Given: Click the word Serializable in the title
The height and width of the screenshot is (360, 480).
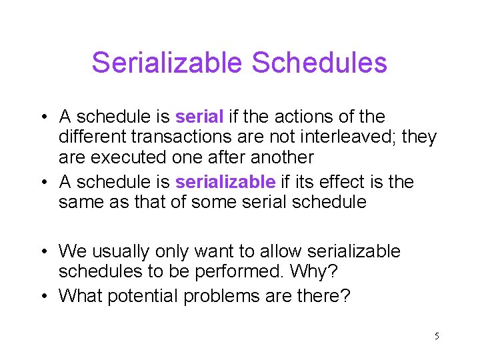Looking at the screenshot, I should pos(166,63).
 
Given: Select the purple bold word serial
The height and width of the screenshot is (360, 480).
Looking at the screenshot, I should pos(199,117).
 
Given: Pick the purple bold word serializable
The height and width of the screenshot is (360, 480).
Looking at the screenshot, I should pos(225,181).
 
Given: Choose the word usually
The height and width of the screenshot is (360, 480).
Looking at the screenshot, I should pos(125,251).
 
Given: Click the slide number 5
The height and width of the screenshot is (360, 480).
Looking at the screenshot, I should pos(436,336).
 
